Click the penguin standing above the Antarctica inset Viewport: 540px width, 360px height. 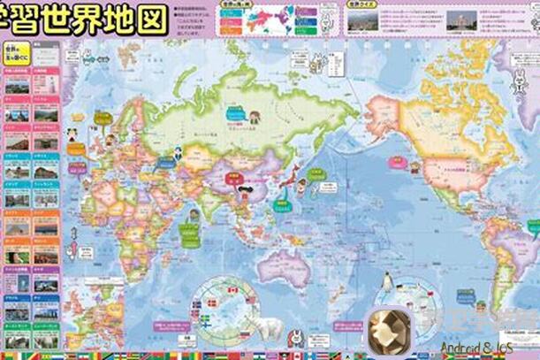tap(386, 282)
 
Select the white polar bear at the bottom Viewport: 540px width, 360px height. tap(269, 329)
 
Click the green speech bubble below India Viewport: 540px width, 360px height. tap(188, 233)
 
